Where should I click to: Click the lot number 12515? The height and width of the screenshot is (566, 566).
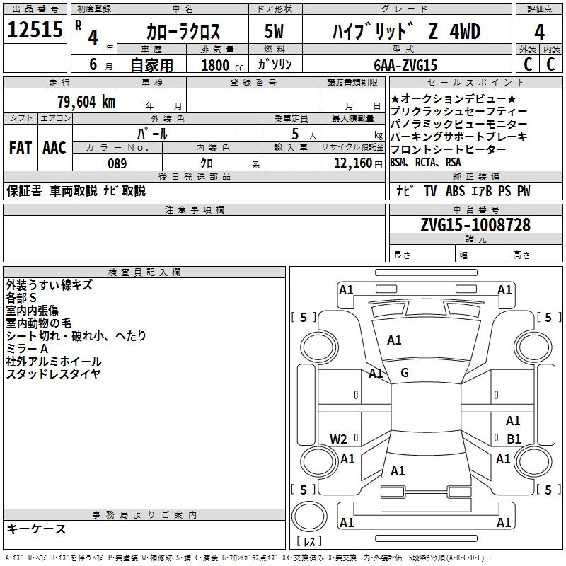tap(35, 30)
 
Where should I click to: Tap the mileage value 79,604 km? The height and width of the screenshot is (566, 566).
tap(86, 101)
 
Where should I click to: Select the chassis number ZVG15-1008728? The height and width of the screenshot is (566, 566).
tap(475, 225)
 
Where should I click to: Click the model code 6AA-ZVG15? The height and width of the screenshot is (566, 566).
tap(405, 65)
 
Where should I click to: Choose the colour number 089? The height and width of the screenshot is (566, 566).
tap(117, 163)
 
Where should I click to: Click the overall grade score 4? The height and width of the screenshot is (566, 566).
tap(539, 32)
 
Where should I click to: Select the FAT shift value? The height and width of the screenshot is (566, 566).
tap(21, 148)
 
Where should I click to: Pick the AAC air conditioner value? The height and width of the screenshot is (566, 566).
tap(54, 148)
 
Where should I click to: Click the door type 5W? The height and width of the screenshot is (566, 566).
tap(274, 31)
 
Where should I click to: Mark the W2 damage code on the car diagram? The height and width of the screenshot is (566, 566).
tap(338, 439)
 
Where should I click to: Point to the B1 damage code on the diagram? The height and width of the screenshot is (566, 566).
tap(514, 439)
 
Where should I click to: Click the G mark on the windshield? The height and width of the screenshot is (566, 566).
tap(405, 373)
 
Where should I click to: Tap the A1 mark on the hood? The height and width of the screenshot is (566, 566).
tap(394, 340)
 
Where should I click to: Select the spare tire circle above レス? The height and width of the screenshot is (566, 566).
tap(309, 516)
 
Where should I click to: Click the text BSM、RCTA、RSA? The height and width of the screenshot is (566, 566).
tap(426, 163)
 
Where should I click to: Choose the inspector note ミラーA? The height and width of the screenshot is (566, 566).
tap(27, 349)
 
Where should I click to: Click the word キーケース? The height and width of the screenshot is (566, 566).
tap(37, 529)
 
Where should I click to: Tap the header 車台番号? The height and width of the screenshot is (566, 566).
tap(476, 209)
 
